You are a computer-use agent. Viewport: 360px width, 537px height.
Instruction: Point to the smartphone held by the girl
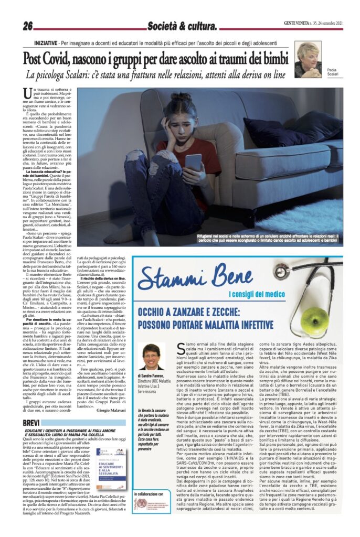(x=194, y=162)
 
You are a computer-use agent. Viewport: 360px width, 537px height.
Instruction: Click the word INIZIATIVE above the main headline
(x=46, y=41)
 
